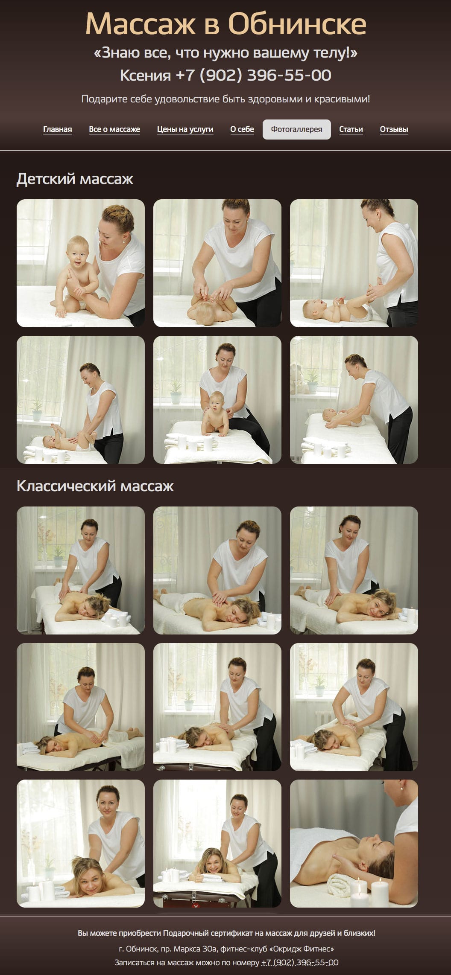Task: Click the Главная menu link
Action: coord(57,129)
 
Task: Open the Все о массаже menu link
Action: coord(114,129)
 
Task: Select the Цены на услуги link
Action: coord(185,129)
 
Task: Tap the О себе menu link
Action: coord(242,129)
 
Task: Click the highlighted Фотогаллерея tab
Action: coord(296,129)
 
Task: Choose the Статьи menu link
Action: coord(351,129)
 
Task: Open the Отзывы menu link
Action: coord(394,129)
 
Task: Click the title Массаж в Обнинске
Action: coord(225,23)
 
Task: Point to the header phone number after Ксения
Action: coord(253,76)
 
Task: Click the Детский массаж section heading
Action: coord(75,179)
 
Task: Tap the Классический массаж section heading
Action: coord(95,486)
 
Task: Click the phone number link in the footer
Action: coord(300,962)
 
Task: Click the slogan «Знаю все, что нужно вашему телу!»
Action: coord(225,53)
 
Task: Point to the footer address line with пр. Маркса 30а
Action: coord(226,949)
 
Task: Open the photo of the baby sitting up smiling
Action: coord(81,263)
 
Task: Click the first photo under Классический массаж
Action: coord(81,570)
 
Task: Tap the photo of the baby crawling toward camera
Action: coord(217,400)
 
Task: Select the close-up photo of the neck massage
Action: coord(354,844)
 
